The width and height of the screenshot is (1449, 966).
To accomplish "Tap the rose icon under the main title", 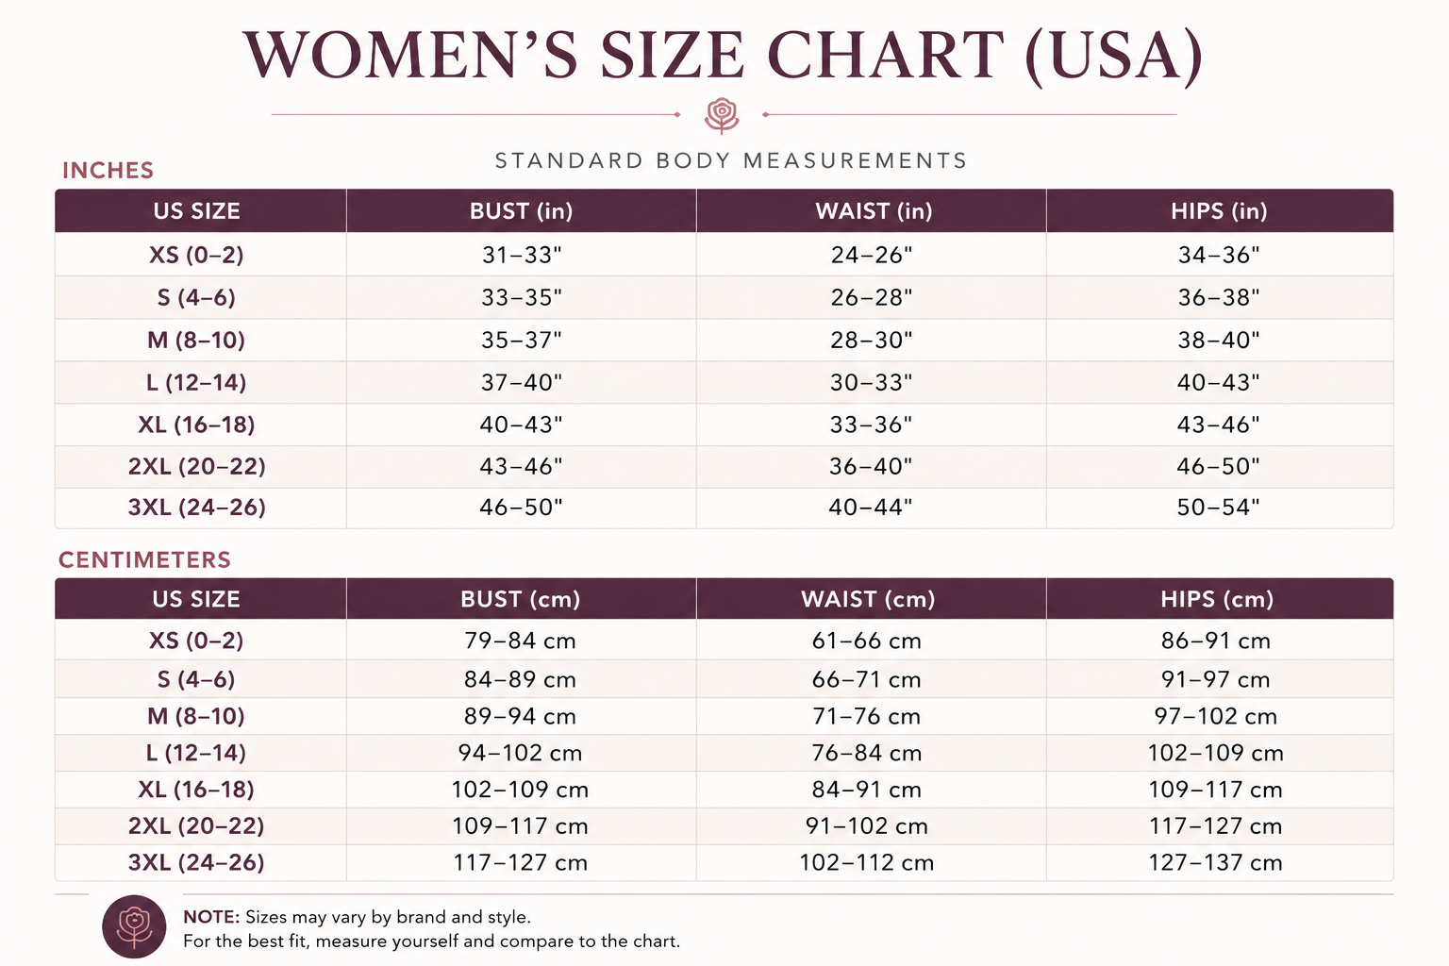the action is pyautogui.click(x=722, y=115).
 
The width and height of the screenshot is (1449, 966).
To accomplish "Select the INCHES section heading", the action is pyautogui.click(x=108, y=170).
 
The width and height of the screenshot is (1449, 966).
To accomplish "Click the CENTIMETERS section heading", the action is pyautogui.click(x=145, y=559).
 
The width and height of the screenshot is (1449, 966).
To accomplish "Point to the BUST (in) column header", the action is pyautogui.click(x=522, y=211).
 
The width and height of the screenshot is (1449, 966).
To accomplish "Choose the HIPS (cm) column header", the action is pyautogui.click(x=1217, y=599).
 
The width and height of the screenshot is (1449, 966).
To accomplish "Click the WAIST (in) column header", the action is pyautogui.click(x=874, y=211).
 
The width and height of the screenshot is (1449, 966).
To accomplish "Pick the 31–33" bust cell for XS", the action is pyautogui.click(x=522, y=255).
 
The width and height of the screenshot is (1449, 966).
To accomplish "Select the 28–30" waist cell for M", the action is pyautogui.click(x=872, y=340).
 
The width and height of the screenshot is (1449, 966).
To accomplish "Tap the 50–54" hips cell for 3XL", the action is pyautogui.click(x=1218, y=507).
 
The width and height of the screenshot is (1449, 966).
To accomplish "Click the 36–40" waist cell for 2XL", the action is pyautogui.click(x=871, y=466).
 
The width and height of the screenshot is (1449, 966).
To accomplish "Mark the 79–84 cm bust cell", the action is pyautogui.click(x=520, y=641).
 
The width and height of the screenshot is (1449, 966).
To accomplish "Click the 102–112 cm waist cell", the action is pyautogui.click(x=867, y=862).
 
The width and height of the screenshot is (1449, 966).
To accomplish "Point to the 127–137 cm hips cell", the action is pyautogui.click(x=1215, y=862).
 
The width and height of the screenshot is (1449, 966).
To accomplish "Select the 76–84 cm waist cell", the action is pyautogui.click(x=867, y=753).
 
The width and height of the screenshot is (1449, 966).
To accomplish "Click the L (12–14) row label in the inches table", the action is pyautogui.click(x=196, y=382).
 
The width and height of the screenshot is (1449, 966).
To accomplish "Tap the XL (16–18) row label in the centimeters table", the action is pyautogui.click(x=196, y=790).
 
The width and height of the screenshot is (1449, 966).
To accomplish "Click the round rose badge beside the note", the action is pyautogui.click(x=134, y=926).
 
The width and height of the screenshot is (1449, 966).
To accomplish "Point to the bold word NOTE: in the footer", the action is pyautogui.click(x=211, y=917).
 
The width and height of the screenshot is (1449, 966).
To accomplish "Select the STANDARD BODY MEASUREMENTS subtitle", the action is pyautogui.click(x=731, y=160).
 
